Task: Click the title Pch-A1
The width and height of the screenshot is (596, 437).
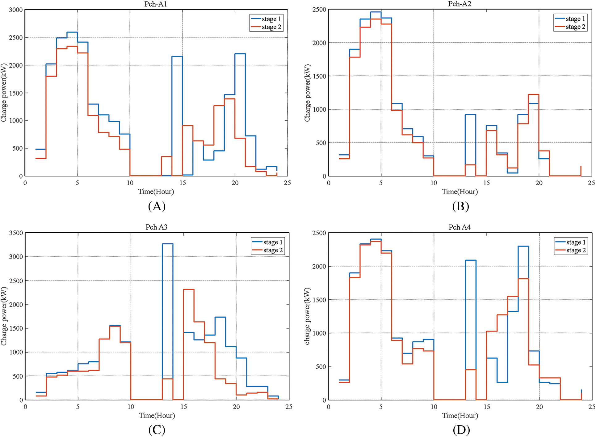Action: pos(156,4)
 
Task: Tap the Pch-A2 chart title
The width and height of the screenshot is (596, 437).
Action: pos(460,4)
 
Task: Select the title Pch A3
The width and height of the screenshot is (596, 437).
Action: pos(156,227)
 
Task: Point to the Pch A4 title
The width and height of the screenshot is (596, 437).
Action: pos(460,227)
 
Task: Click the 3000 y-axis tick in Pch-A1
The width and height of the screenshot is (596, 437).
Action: pos(16,10)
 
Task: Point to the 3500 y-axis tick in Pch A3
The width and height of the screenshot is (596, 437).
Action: pos(16,233)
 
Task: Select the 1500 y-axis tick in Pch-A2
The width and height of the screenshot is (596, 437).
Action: pos(319,76)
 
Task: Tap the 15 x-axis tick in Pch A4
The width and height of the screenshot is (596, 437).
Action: pos(487,407)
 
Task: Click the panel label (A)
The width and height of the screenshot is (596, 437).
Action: pos(157,206)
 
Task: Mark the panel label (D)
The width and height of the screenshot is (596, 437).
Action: pos(461,430)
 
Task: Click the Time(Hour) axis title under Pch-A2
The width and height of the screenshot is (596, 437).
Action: pos(460,192)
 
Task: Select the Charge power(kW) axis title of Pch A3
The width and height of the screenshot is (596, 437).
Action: pos(4,316)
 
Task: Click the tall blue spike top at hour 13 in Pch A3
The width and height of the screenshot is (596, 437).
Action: pos(168,244)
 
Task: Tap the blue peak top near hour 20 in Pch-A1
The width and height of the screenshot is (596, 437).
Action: pos(240,54)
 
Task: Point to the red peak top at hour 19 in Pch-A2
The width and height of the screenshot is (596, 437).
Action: pos(533,95)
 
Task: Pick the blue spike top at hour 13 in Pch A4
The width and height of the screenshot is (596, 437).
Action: pos(471,260)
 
